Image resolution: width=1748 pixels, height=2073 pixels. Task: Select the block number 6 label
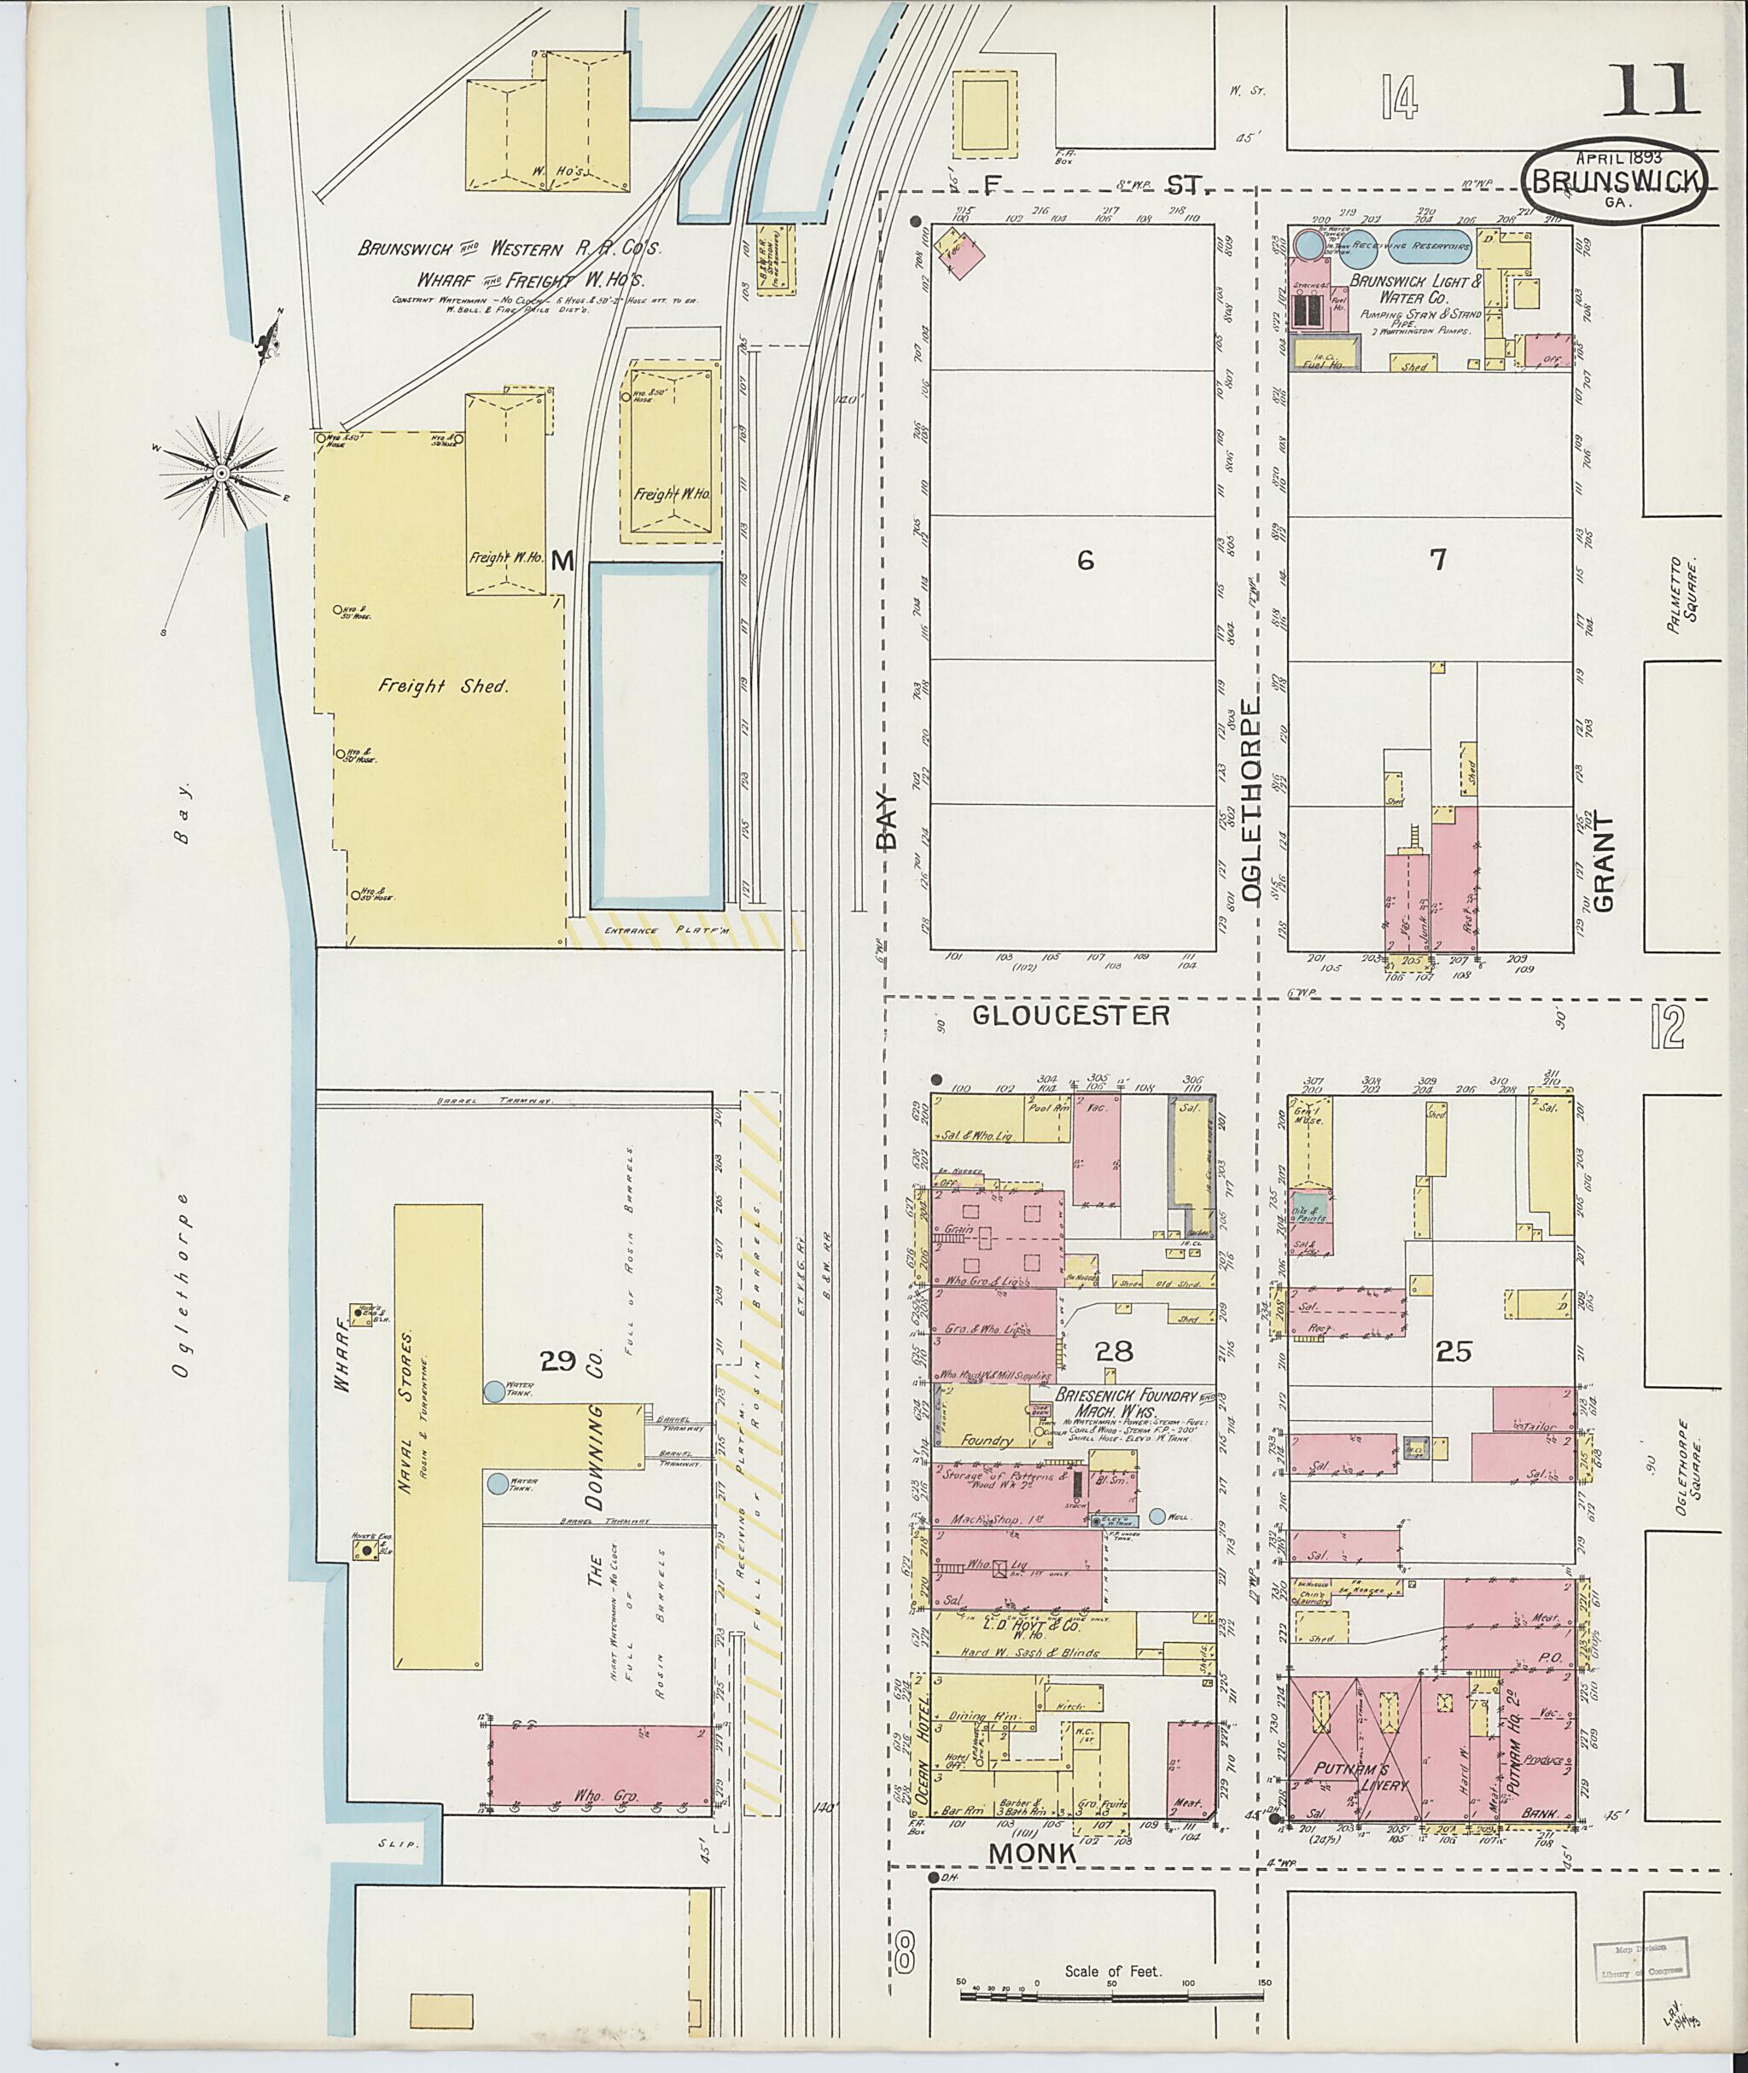click(x=1085, y=561)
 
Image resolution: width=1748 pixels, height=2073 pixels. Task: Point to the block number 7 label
click(x=1436, y=560)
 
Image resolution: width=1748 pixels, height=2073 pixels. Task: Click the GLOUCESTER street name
click(x=1070, y=1015)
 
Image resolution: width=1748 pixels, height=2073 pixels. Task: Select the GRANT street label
click(x=1605, y=862)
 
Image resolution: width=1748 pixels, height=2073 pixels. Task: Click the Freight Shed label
click(x=441, y=685)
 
